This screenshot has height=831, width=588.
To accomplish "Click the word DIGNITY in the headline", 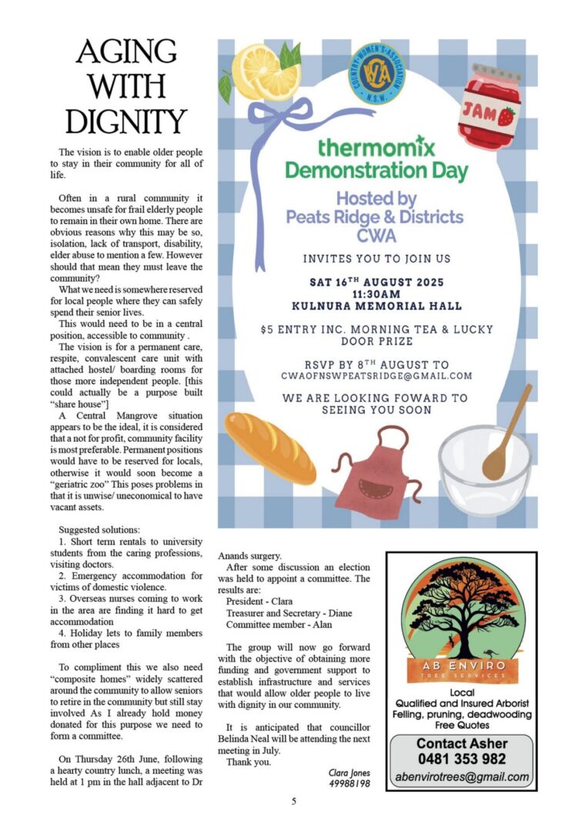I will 126,121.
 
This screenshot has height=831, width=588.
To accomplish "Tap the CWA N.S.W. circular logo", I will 377,75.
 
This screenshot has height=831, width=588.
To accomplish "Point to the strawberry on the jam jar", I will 506,117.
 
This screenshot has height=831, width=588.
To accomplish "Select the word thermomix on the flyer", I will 376,146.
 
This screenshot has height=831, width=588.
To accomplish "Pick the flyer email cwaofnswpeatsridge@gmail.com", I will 376,375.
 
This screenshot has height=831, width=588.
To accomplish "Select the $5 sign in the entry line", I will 266,329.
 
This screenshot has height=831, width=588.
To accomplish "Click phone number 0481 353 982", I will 461,759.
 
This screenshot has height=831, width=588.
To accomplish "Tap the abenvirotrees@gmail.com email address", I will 462,777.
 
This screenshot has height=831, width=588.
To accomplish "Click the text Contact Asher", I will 462,743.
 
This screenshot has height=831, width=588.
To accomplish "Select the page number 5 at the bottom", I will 293,801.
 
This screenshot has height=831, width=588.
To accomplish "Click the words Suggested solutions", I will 99,530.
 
